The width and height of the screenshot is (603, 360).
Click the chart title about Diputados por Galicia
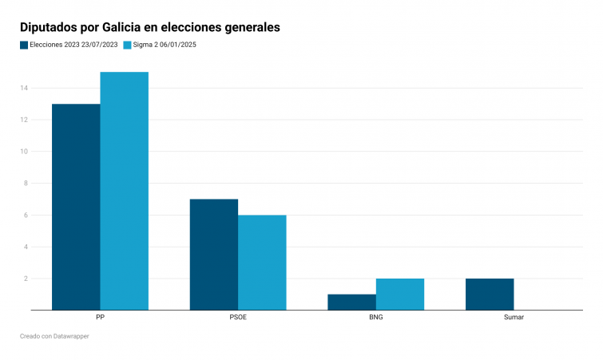[x=149, y=27]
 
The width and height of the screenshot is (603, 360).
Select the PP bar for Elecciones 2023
[x=76, y=207]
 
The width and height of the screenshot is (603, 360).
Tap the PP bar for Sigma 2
[x=124, y=191]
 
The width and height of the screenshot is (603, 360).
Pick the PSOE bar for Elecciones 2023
[x=213, y=254]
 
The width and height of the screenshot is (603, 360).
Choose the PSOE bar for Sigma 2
[x=262, y=262]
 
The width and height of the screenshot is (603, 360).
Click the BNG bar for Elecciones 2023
[x=351, y=302]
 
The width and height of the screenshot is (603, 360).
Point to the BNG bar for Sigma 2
[x=400, y=294]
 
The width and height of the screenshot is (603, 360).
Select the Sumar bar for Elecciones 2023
[x=490, y=294]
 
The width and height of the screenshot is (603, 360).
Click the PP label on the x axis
[x=100, y=318]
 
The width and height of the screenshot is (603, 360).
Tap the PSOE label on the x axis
[x=238, y=318]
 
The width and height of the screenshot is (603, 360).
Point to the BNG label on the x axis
[x=375, y=318]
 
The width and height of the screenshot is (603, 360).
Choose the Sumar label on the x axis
[x=514, y=318]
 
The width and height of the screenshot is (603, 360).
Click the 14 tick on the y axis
[x=25, y=88]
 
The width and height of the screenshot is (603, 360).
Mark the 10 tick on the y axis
[x=25, y=152]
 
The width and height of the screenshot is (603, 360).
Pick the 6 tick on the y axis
[x=26, y=215]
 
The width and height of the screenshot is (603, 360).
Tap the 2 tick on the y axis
[x=26, y=279]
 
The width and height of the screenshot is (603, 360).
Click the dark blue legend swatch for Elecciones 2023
[x=24, y=45]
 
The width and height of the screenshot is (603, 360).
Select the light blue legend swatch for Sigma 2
[x=127, y=45]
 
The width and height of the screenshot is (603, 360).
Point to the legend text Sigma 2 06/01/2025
[x=165, y=45]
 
